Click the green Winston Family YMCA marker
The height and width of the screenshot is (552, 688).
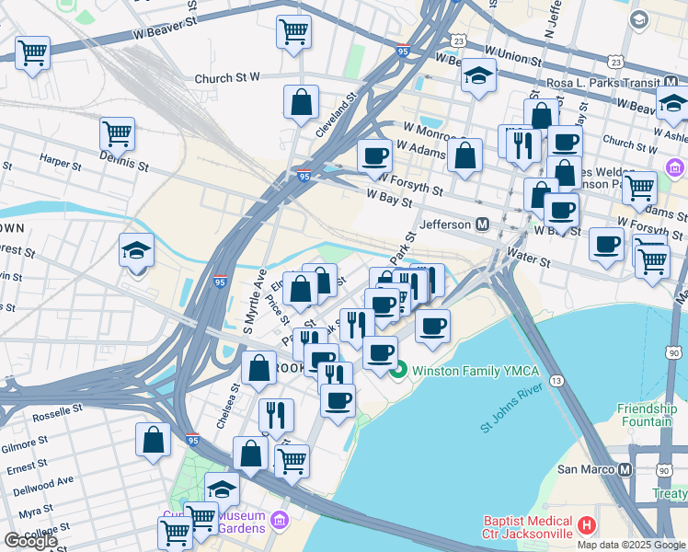[398, 372]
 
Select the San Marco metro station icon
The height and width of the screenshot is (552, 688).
[625, 469]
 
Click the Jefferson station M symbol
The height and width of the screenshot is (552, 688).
[481, 224]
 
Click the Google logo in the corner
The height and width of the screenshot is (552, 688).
[29, 541]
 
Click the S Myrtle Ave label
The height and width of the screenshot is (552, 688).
[247, 301]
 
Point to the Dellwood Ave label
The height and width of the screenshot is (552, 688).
[40, 480]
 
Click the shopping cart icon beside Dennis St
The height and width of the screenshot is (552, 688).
[117, 134]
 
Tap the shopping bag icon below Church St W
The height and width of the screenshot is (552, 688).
[301, 103]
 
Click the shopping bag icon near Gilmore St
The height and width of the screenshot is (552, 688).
[153, 440]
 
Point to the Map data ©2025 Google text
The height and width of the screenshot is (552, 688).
[630, 545]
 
